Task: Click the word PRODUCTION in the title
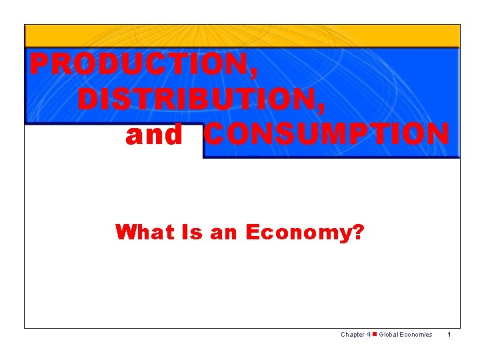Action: coord(139,65)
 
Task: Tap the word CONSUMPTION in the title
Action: coord(326,134)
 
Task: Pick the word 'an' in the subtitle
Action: coord(223,233)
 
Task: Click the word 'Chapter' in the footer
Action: coord(352,335)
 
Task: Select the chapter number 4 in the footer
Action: coord(368,335)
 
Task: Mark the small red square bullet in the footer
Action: coord(375,334)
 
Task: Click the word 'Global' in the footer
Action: coord(389,335)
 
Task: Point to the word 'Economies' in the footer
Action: coord(417,335)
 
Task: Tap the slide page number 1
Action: coord(450,335)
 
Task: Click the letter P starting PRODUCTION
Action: coord(39,65)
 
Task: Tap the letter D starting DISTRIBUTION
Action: coord(88,99)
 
